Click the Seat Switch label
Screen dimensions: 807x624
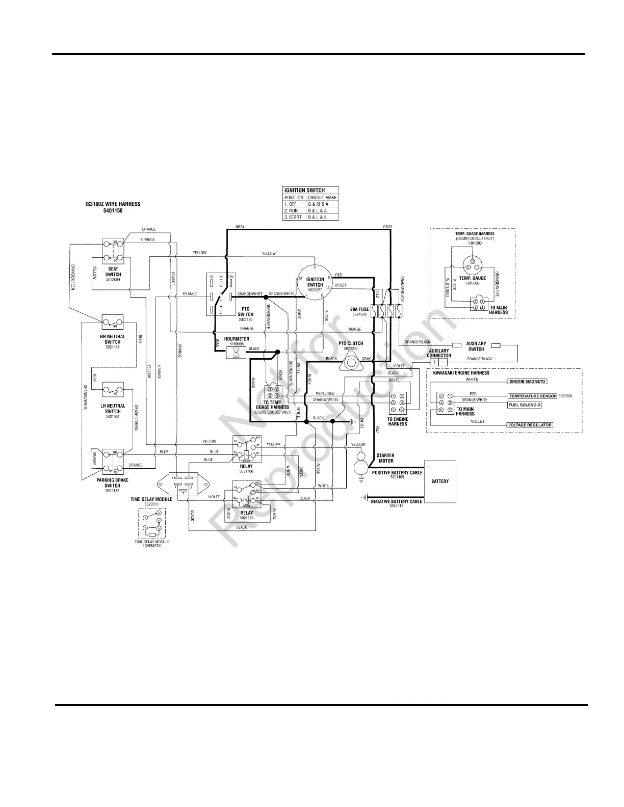coord(113,272)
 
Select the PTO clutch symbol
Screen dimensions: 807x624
coord(351,361)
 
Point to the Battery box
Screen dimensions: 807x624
coord(439,481)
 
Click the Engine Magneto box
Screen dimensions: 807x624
coord(528,381)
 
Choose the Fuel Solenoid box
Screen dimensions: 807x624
coord(524,405)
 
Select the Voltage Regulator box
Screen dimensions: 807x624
coord(530,425)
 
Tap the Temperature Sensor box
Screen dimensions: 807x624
coord(532,396)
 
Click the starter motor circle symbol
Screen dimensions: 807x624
coord(360,466)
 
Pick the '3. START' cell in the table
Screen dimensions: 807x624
coord(294,217)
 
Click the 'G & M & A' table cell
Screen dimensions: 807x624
coord(318,204)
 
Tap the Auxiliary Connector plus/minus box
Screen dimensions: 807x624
coord(438,362)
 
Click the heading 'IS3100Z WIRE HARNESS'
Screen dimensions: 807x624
coord(113,204)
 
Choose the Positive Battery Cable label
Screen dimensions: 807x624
coord(397,473)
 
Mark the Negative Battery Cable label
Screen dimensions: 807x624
coord(397,502)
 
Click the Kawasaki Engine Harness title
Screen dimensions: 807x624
coord(461,373)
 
